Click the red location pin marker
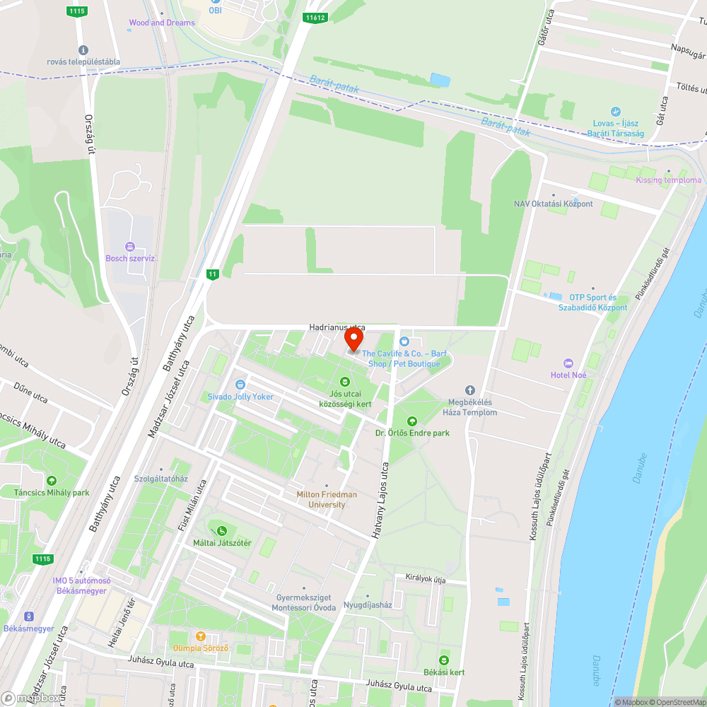[x=353, y=341]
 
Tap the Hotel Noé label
[x=569, y=375]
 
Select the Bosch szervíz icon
[x=129, y=246]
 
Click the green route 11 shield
[x=211, y=274]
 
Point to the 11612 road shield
[x=316, y=17]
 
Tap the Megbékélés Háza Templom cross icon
[x=469, y=390]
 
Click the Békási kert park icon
[x=443, y=660]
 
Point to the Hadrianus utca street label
[x=337, y=327]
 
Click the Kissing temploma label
[x=668, y=180]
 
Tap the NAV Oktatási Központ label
[x=553, y=204]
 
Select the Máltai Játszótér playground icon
[x=222, y=531]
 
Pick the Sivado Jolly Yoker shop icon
[x=240, y=385]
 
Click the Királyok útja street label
[x=426, y=578]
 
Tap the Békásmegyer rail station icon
[x=29, y=617]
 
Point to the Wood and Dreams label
[x=162, y=23]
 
